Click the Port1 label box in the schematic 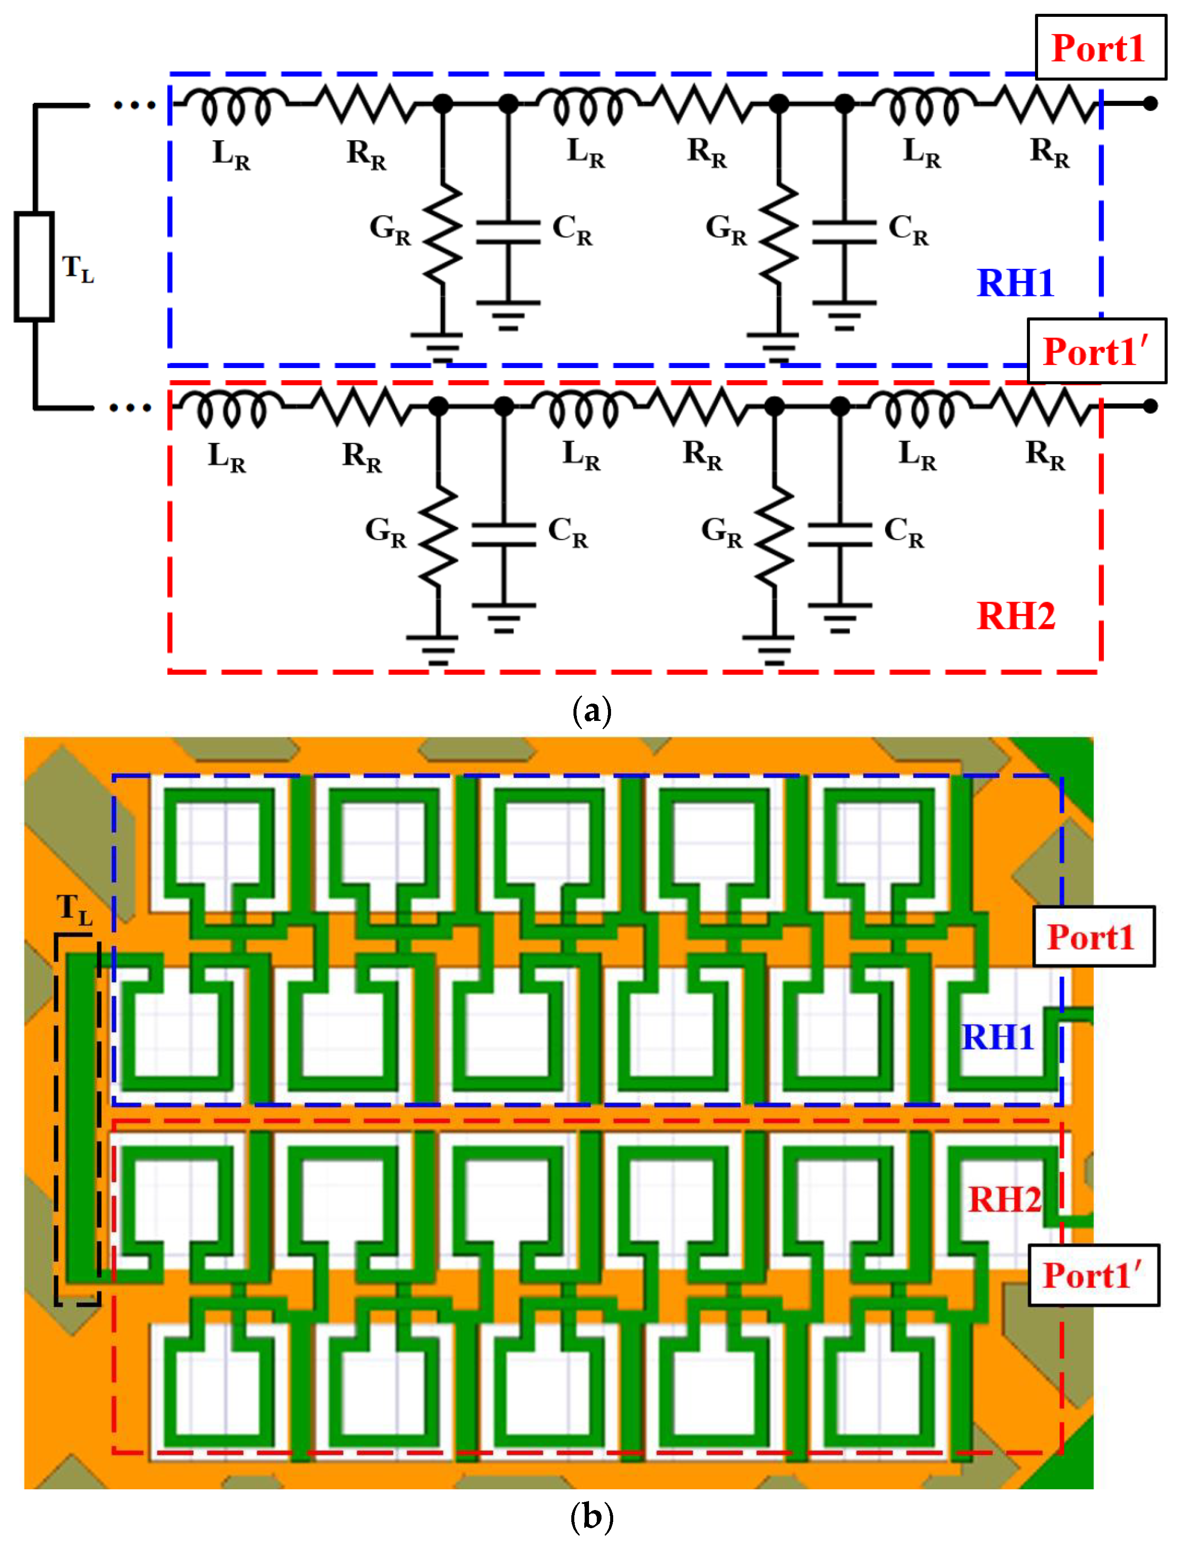coord(1099,48)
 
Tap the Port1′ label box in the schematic coord(1096,351)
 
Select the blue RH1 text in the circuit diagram coord(1015,283)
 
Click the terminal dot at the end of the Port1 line coord(1150,104)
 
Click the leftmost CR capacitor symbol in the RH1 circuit coord(508,232)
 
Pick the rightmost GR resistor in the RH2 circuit coord(774,536)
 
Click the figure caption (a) coord(592,711)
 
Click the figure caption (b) coord(592,1516)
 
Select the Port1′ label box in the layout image coord(1092,1275)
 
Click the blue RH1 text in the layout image coord(997,1037)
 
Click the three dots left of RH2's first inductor coord(130,407)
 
